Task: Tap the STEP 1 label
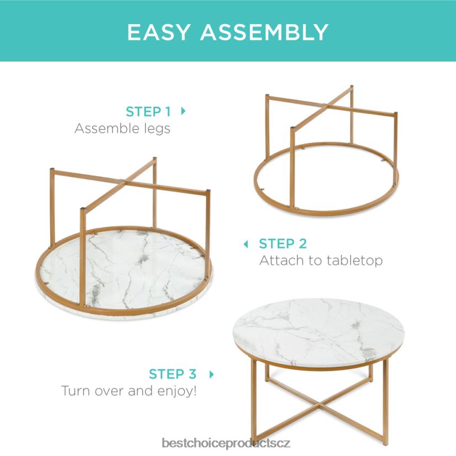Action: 148,112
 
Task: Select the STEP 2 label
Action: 283,244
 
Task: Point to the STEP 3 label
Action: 173,374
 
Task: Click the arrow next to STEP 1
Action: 183,111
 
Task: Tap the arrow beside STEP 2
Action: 246,244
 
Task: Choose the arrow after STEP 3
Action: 212,374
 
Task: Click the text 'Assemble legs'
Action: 122,129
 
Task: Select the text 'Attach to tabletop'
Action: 321,261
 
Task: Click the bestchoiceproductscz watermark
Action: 226,443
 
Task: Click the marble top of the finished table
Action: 319,331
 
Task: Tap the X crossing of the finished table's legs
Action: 319,404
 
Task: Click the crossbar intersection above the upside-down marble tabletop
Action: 126,183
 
